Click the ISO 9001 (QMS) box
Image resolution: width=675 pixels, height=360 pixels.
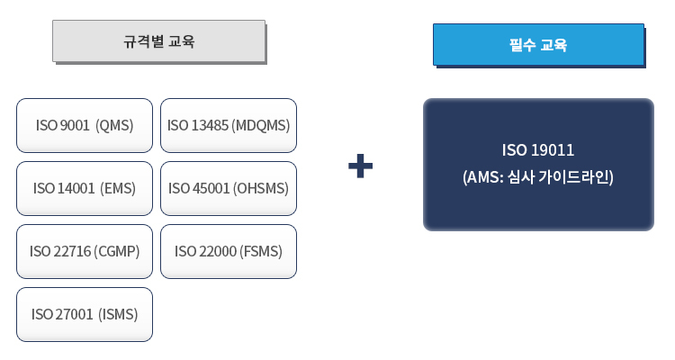point(85,125)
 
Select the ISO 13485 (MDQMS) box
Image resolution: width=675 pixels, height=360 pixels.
point(228,125)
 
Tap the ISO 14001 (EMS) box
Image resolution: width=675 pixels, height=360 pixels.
point(85,188)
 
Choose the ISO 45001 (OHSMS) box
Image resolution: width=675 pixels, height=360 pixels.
point(228,188)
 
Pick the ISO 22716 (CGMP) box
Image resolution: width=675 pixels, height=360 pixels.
point(85,251)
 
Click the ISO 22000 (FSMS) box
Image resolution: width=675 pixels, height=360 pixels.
point(228,251)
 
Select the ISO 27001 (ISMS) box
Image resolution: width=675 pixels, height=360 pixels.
point(85,314)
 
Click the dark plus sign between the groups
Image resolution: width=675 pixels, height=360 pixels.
point(360,166)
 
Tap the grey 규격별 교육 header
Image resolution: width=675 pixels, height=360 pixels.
point(158,41)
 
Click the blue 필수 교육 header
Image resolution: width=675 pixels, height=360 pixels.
point(538,44)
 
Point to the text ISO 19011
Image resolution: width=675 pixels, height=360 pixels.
point(538,149)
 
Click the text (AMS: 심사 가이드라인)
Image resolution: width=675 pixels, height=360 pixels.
point(538,177)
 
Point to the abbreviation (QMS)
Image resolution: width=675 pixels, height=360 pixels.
point(114,125)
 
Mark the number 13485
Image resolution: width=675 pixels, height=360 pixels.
point(210,125)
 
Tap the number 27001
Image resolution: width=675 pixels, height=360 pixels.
point(75,314)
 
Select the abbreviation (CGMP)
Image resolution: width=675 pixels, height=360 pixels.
point(117,251)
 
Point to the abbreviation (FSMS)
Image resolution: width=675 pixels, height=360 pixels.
point(261,251)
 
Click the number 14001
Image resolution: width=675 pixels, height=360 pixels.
point(76,188)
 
